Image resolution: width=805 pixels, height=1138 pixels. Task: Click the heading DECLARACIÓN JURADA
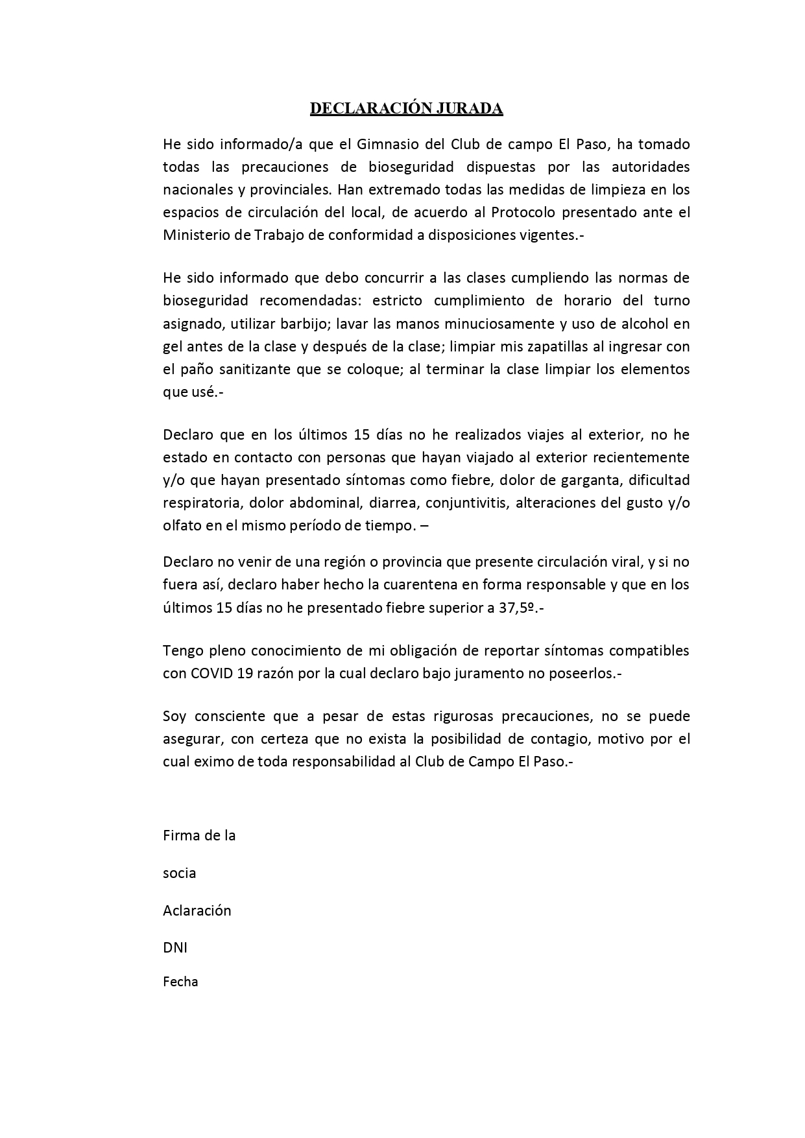click(x=406, y=108)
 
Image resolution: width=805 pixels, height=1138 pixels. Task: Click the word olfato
click(x=181, y=525)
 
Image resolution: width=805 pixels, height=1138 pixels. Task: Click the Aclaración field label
click(x=197, y=910)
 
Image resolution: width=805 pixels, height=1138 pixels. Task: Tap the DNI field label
click(x=174, y=947)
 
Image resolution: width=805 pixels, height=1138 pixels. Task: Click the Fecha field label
click(x=180, y=982)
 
